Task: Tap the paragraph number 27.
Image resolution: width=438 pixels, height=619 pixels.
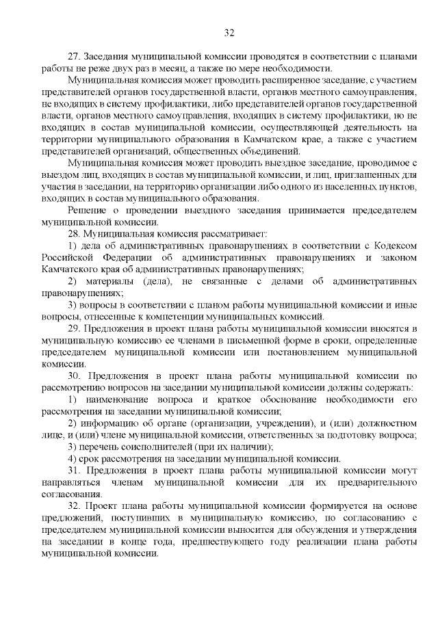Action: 74,55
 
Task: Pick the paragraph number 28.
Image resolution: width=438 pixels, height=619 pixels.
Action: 74,233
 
